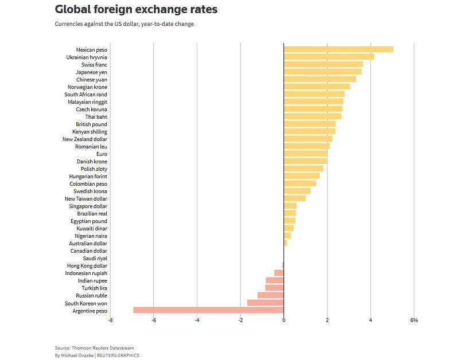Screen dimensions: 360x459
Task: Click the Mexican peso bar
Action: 338,49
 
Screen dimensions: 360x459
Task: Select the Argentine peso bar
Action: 208,310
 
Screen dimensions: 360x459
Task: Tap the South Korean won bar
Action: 265,303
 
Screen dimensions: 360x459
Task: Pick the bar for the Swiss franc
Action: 323,64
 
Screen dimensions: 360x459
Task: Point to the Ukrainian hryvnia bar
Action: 329,57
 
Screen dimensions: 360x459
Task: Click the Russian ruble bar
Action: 270,295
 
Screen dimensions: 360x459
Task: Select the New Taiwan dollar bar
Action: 294,198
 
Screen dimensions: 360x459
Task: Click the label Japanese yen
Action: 91,72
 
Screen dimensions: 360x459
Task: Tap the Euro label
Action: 102,154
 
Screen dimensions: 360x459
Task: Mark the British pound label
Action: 91,124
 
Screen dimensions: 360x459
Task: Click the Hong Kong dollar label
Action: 87,266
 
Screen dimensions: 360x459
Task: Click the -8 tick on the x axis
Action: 110,320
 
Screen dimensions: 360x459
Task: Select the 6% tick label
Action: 414,320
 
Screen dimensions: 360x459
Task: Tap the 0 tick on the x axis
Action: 284,320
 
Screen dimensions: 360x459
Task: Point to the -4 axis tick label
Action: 197,320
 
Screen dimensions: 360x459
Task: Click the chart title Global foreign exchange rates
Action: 136,10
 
